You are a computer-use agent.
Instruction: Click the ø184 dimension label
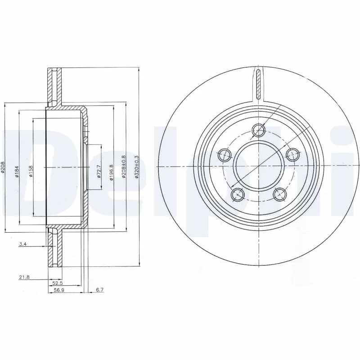17,171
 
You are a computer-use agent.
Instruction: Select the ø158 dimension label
31,171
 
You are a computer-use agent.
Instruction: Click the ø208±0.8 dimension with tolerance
124,166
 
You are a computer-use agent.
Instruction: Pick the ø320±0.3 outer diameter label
136,166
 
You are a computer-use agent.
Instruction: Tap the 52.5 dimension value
57,284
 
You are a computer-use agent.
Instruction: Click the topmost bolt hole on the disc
259,130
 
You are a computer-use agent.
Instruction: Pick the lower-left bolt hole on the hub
237,194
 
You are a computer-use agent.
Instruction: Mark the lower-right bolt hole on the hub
280,194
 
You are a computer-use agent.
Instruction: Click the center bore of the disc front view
258,166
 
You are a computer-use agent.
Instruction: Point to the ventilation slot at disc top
258,84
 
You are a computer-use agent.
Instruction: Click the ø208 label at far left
4,171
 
